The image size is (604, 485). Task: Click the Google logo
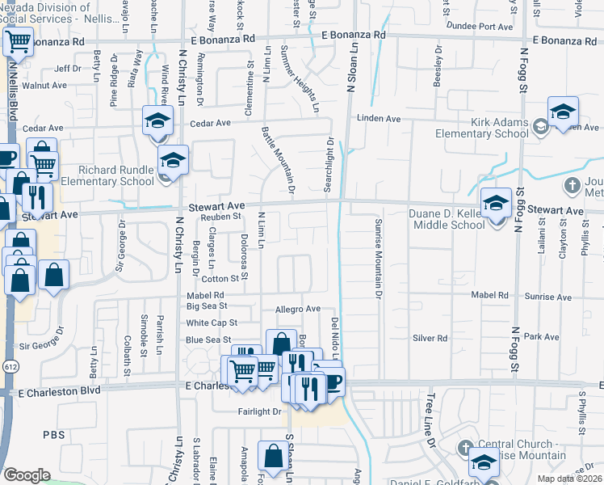(27, 475)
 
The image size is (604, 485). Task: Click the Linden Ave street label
(384, 119)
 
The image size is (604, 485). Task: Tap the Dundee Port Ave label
(481, 27)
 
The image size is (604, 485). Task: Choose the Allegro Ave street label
(298, 309)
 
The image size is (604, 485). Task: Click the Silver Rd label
(430, 338)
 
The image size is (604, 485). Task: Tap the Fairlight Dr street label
(258, 411)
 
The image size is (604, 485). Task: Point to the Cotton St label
(226, 278)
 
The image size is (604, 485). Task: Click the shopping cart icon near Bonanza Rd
(18, 41)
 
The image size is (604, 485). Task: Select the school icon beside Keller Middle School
(496, 203)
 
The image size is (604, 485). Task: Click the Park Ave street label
(535, 335)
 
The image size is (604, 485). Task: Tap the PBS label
(55, 435)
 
